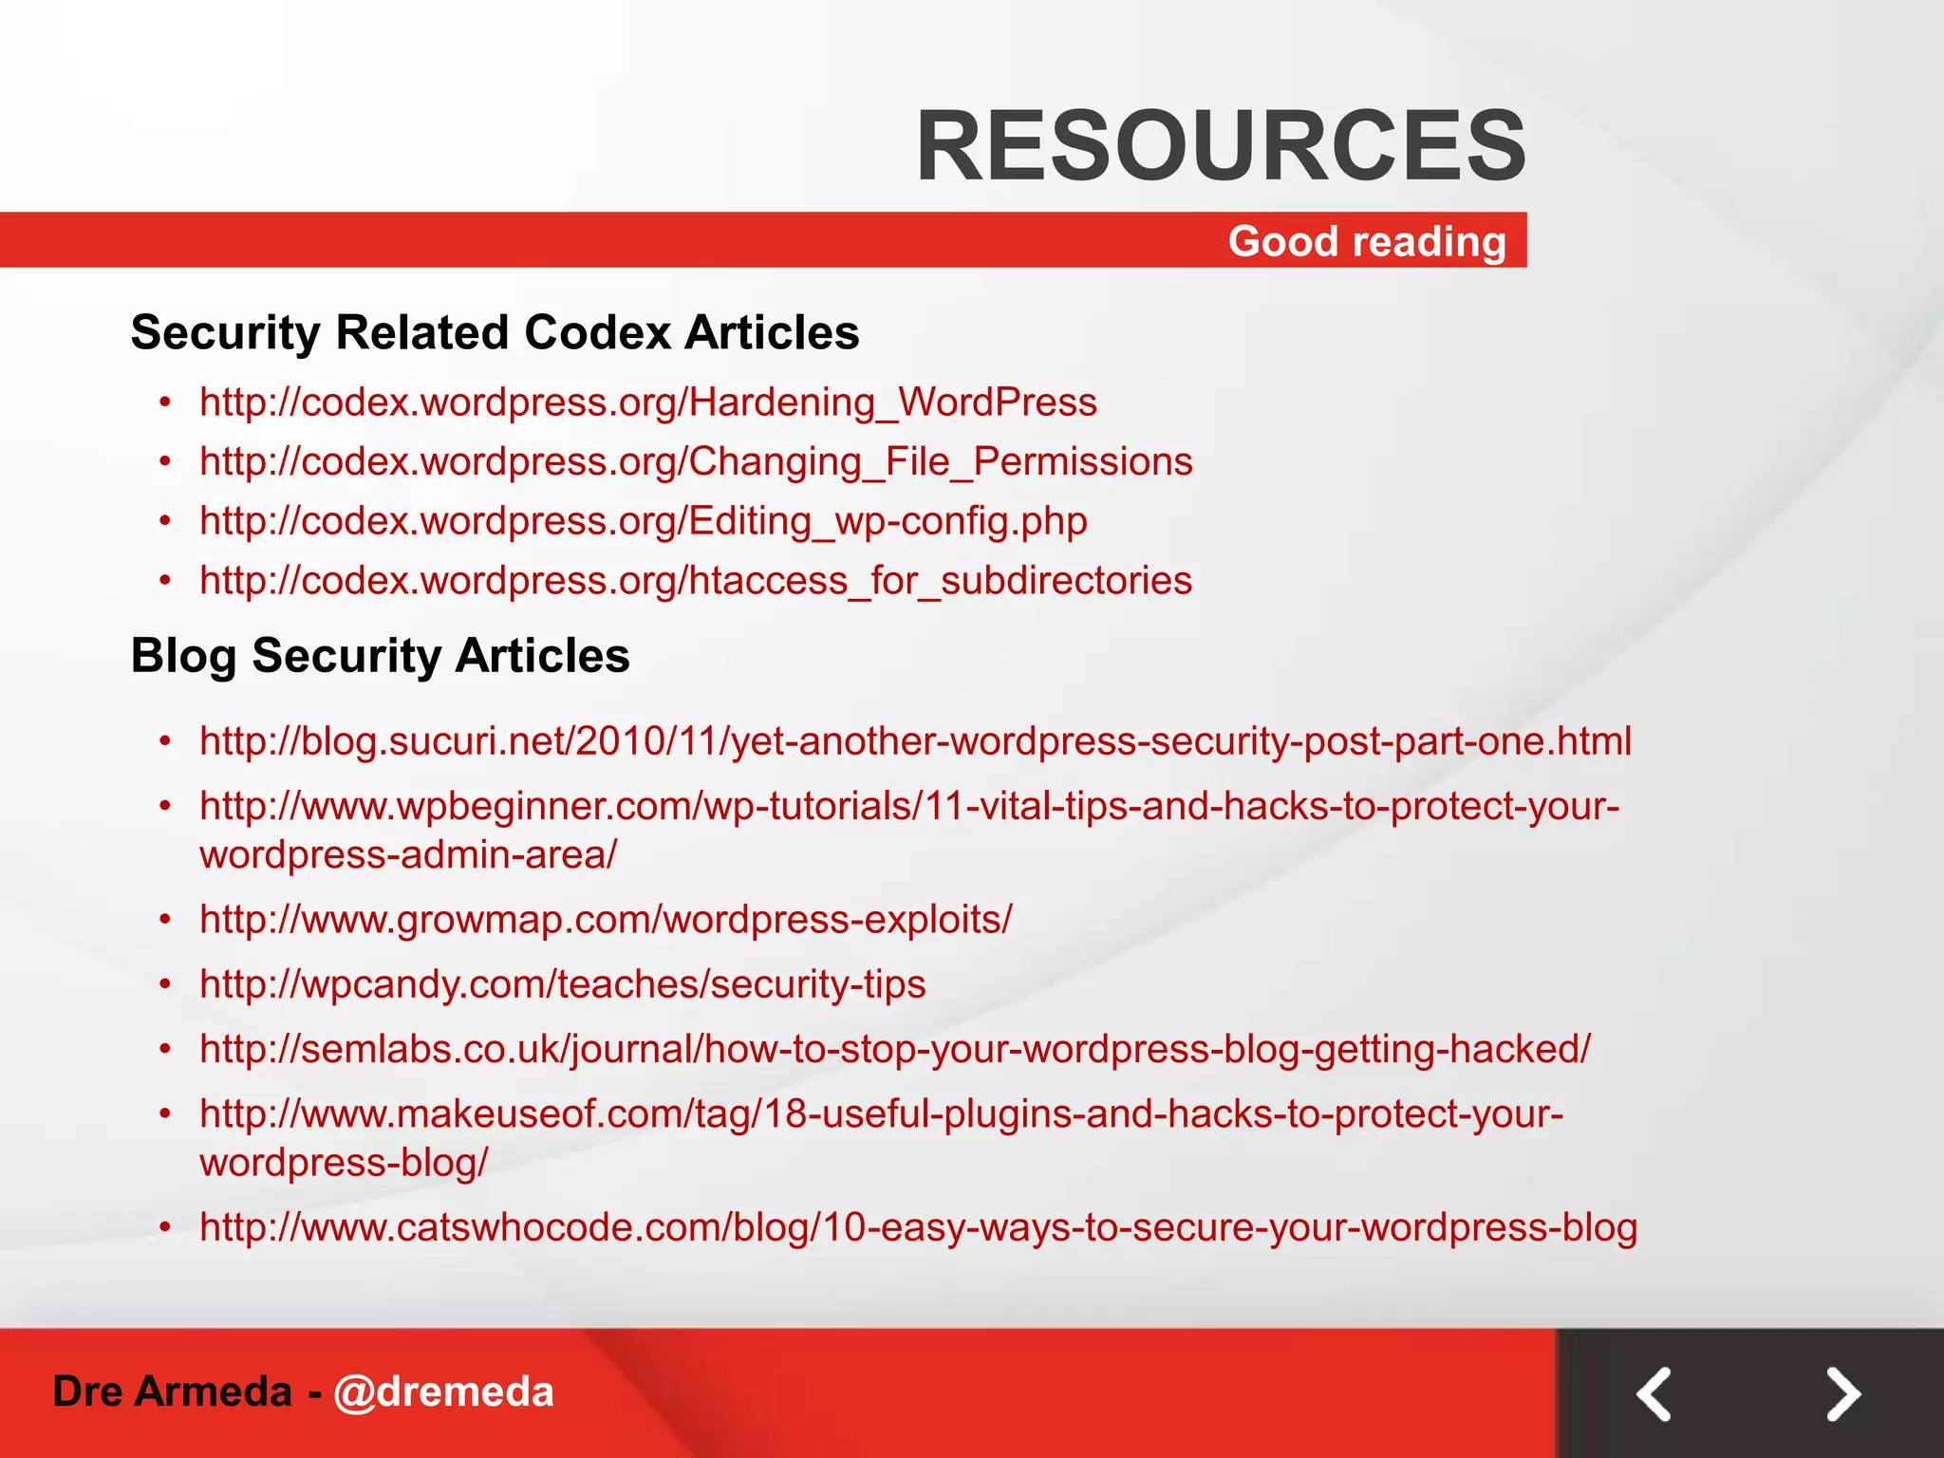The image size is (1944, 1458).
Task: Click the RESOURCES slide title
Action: (x=1221, y=146)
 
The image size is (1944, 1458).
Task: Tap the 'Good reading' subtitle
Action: (x=1367, y=241)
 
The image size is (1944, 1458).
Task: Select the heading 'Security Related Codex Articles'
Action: (x=495, y=333)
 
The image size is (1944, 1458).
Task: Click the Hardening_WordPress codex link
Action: (x=648, y=402)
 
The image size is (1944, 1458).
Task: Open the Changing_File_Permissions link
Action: (x=696, y=462)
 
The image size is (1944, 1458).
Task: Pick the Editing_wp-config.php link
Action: (x=644, y=521)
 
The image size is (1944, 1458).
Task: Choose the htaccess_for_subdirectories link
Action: (x=696, y=580)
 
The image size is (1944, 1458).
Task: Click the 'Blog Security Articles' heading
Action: (x=380, y=656)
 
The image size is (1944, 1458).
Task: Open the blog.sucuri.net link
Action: (x=915, y=741)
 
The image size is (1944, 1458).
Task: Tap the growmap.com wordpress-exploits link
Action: (x=606, y=919)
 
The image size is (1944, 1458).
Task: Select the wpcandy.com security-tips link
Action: (x=562, y=984)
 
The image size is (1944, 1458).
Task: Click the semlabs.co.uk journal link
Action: (x=894, y=1049)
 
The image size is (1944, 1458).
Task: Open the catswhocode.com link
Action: (x=918, y=1227)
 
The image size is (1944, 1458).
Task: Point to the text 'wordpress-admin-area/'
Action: (x=408, y=854)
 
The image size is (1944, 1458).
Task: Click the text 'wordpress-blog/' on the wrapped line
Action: (x=344, y=1163)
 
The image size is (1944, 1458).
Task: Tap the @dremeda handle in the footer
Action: (x=443, y=1392)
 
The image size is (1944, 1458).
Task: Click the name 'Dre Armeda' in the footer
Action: (x=172, y=1392)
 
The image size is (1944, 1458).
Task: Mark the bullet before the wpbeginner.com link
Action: (x=166, y=806)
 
